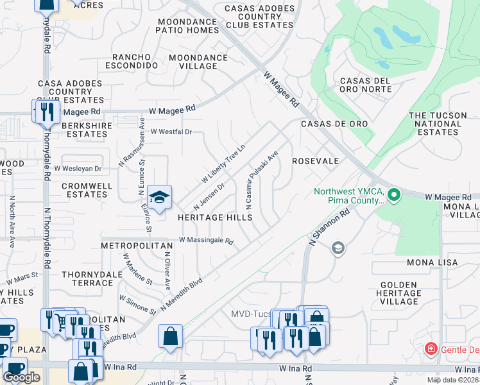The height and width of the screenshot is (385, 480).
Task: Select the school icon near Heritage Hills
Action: point(159,196)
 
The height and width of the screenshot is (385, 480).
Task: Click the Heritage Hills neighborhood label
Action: point(215,218)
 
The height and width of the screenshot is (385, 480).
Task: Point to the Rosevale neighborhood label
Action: point(315,161)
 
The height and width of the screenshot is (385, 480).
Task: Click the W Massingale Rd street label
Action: point(206,241)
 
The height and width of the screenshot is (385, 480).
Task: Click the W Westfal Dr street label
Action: point(171,132)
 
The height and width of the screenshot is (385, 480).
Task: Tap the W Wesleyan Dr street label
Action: point(78,169)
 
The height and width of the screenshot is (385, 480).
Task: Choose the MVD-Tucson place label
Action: point(251,314)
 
